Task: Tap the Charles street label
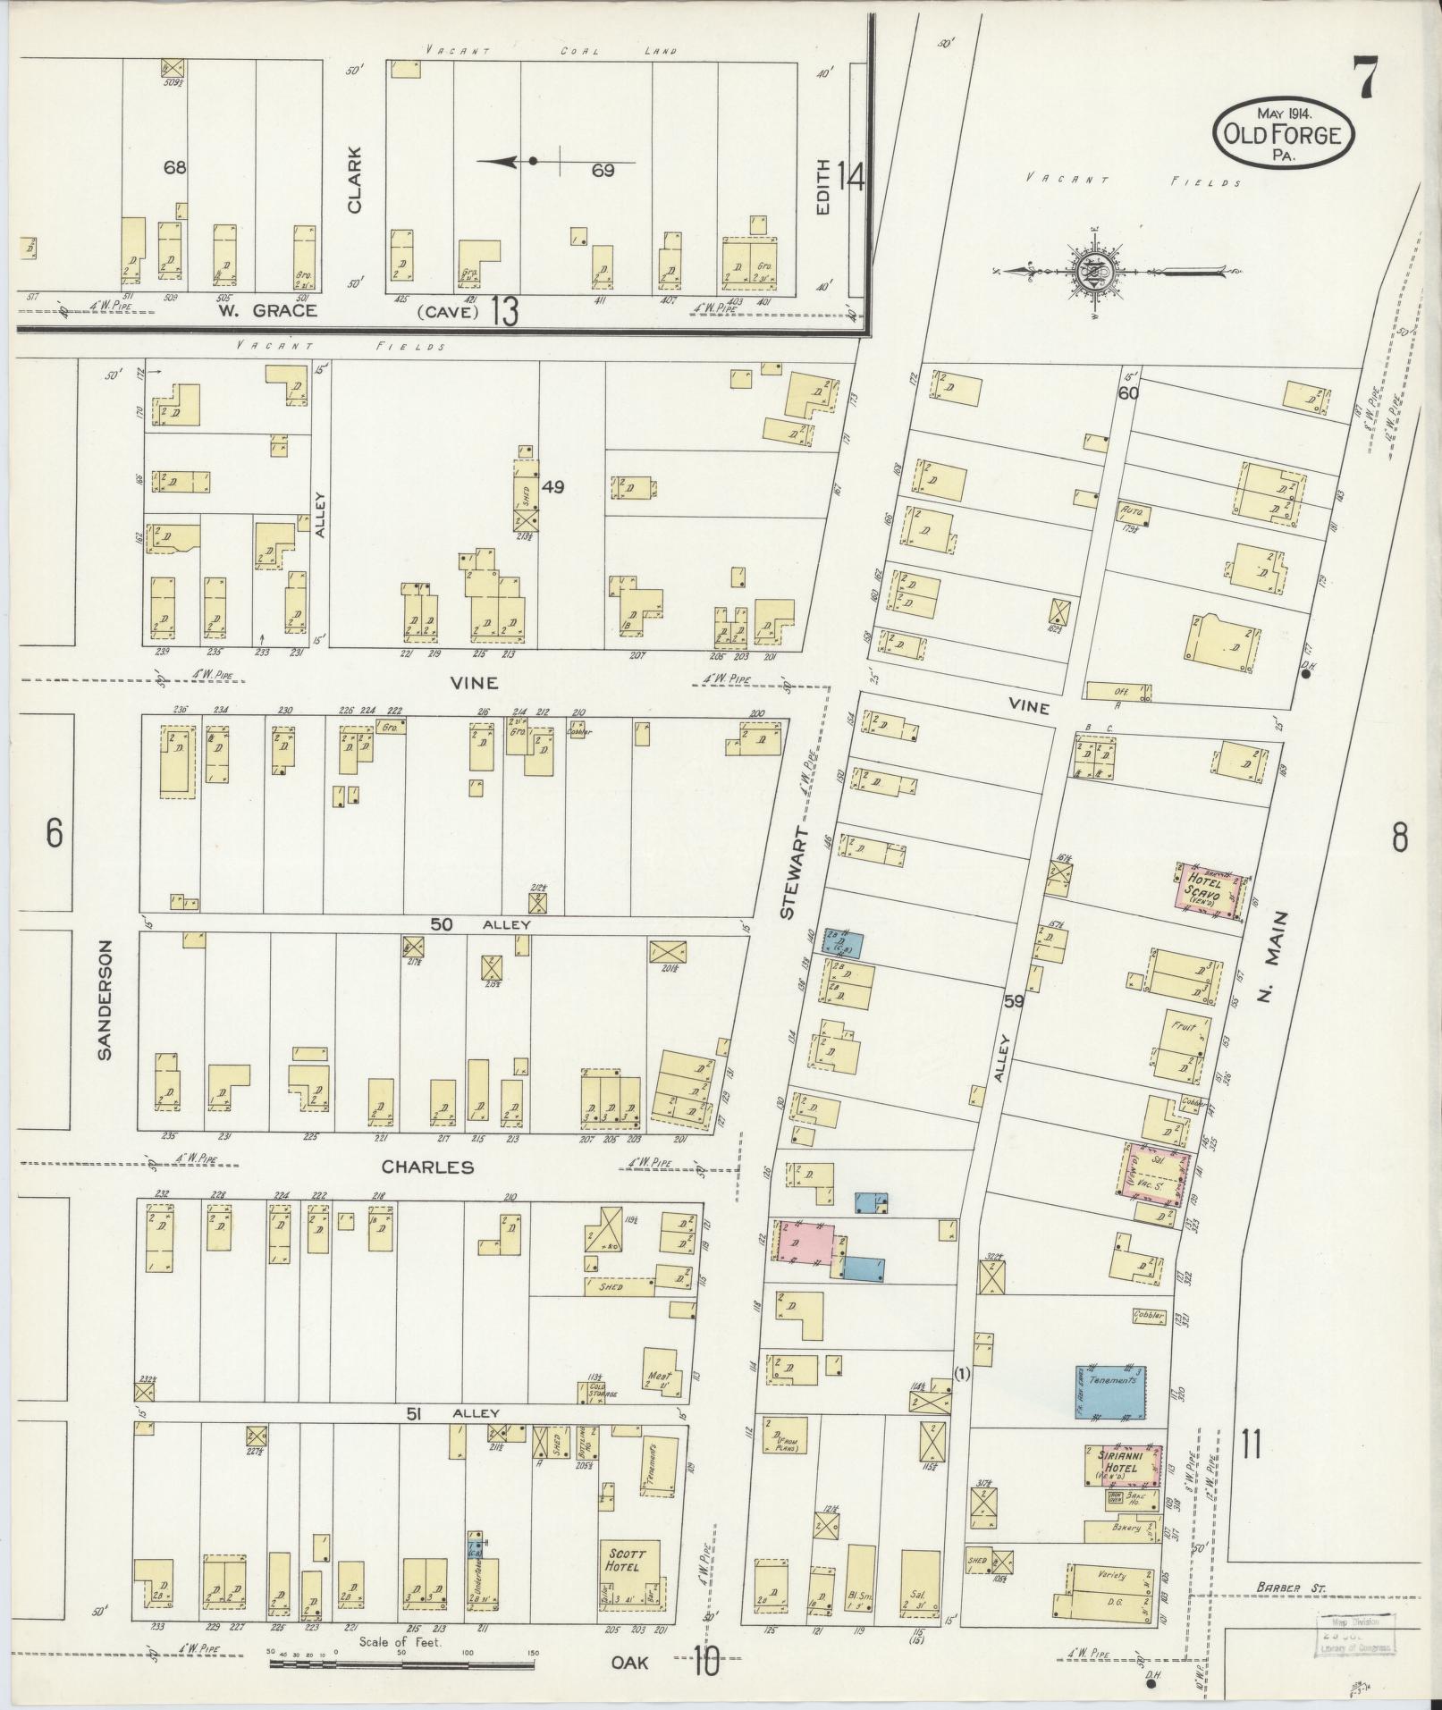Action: coord(427,1167)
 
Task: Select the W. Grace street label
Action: coord(267,311)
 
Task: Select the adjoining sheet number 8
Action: coord(1399,838)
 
